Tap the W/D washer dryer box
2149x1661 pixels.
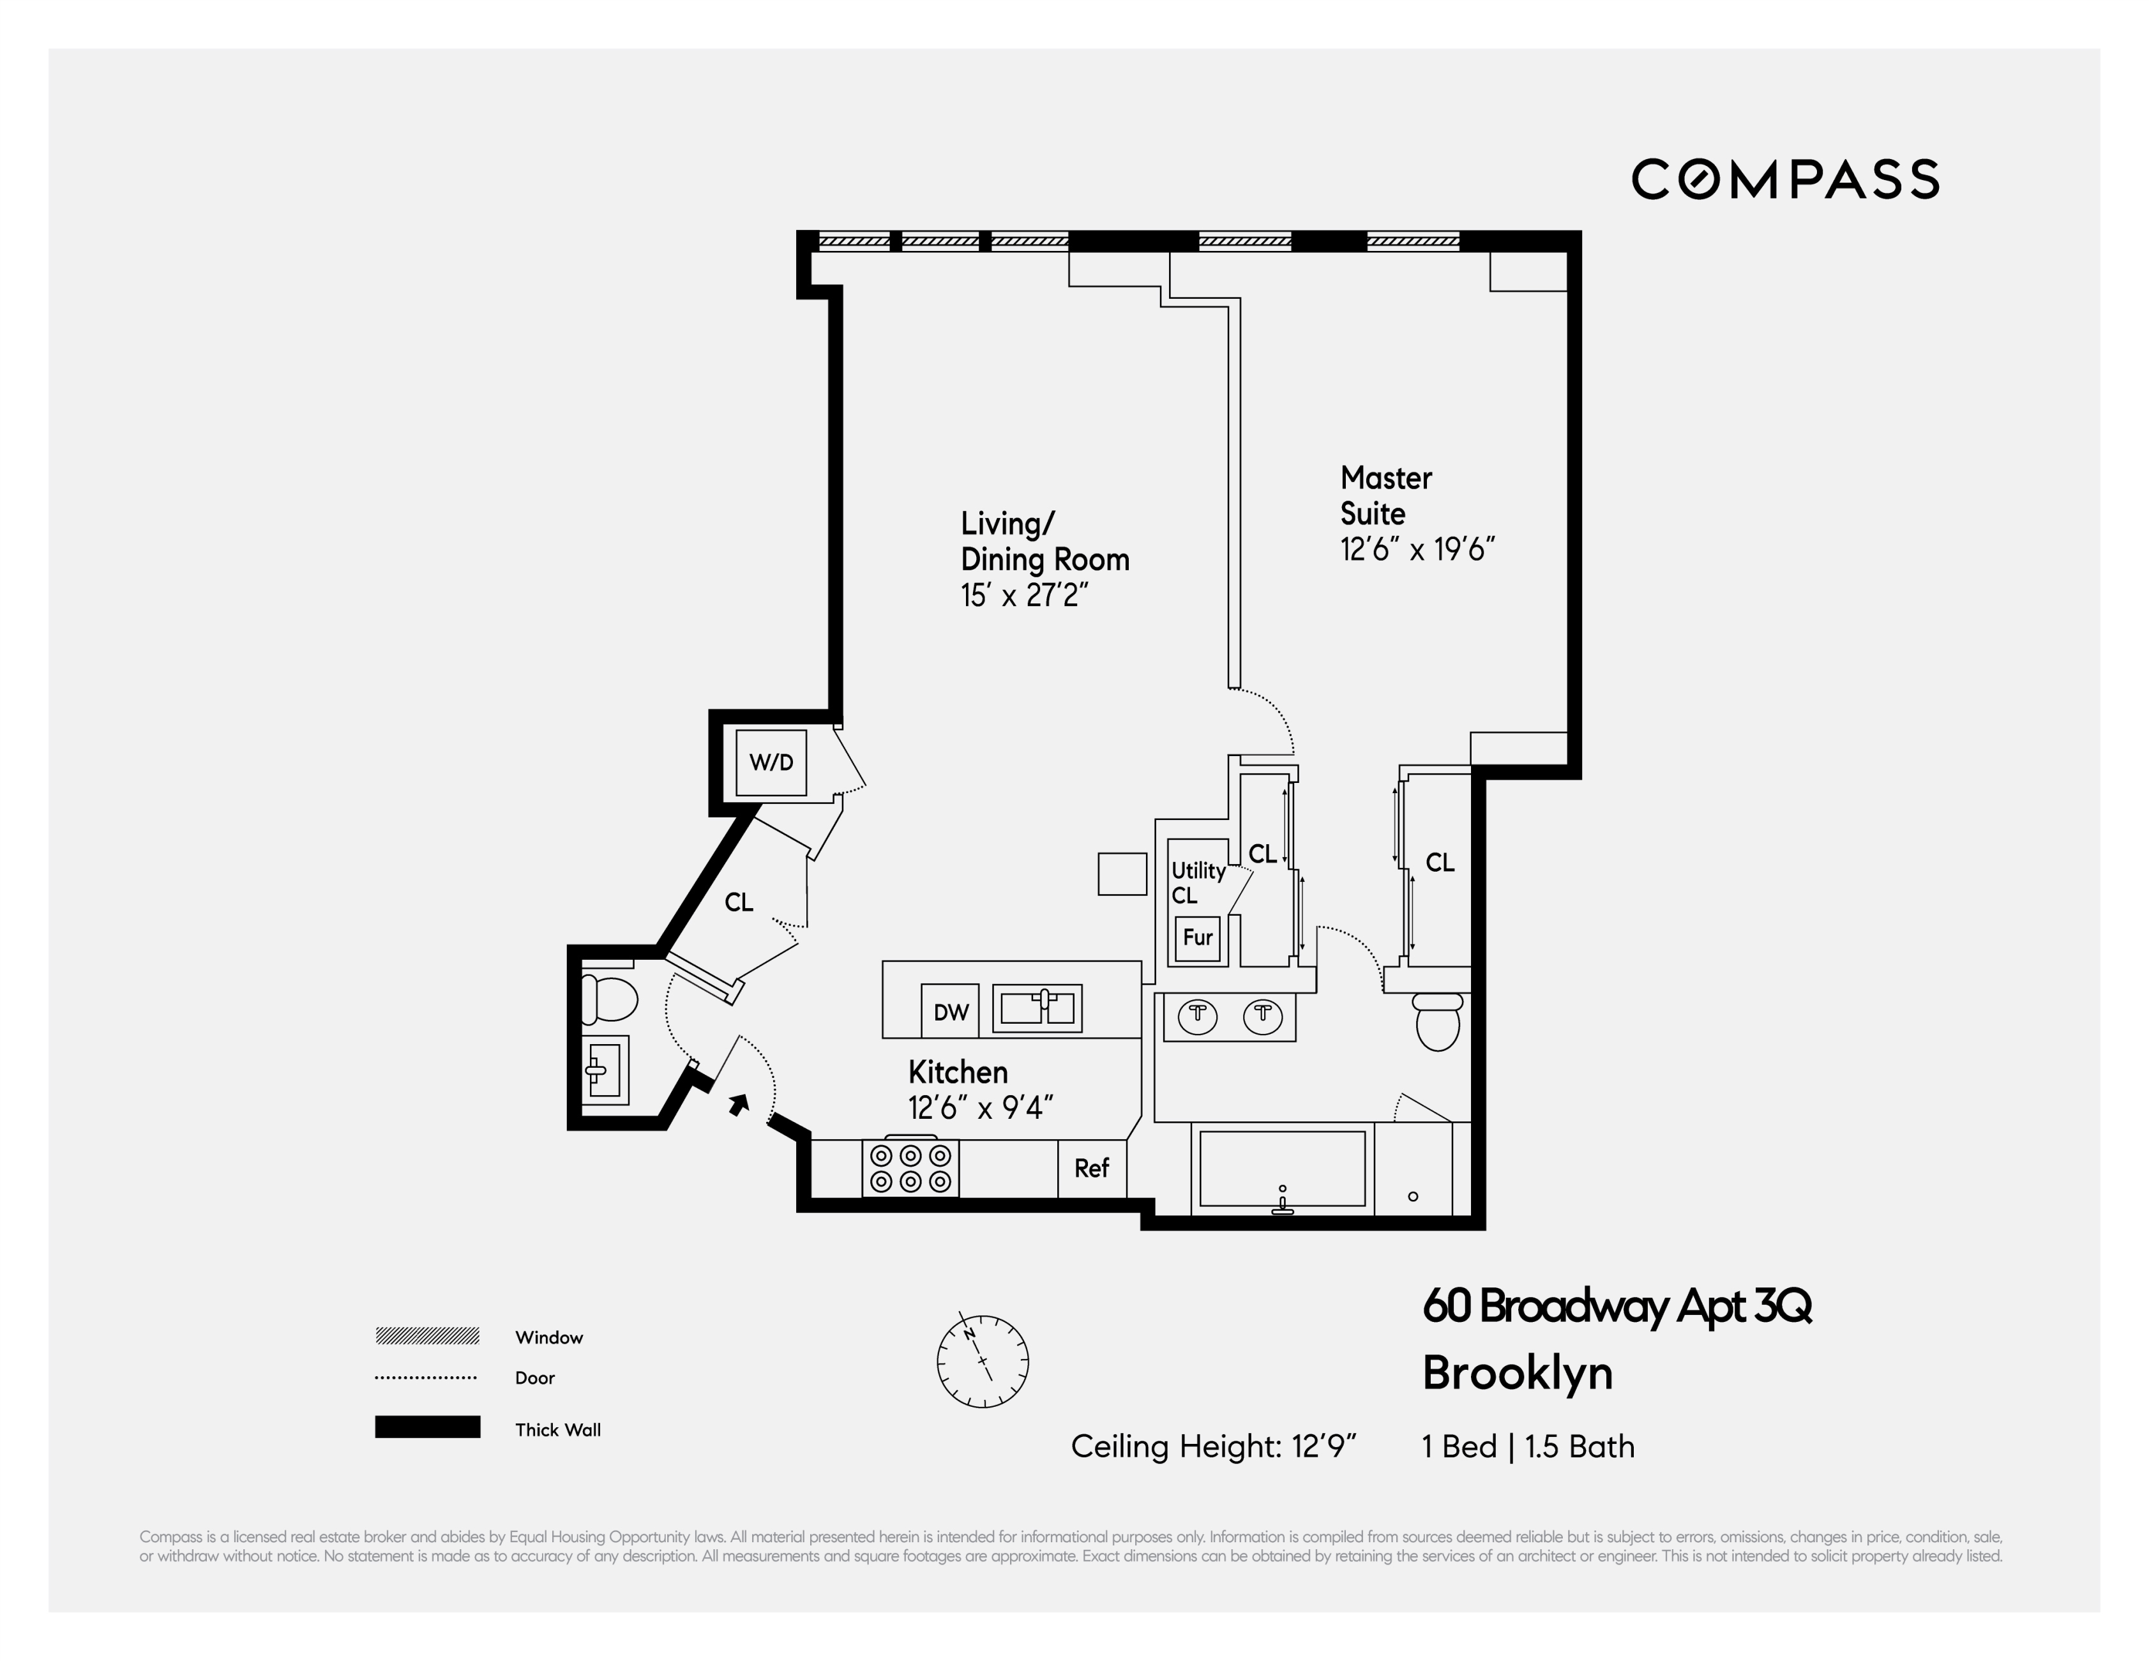pyautogui.click(x=771, y=762)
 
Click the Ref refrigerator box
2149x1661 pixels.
pyautogui.click(x=1091, y=1168)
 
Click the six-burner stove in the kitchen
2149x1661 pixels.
pyautogui.click(x=910, y=1168)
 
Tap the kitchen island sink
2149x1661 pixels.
pyautogui.click(x=1036, y=1008)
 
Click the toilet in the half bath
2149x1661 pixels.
pyautogui.click(x=608, y=999)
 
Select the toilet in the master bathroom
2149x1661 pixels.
pyautogui.click(x=1438, y=1021)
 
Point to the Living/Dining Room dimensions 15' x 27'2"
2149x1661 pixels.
pyautogui.click(x=1024, y=595)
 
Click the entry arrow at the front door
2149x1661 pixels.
pyautogui.click(x=738, y=1104)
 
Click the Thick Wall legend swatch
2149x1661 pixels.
pyautogui.click(x=427, y=1427)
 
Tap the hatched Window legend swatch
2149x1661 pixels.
pyautogui.click(x=427, y=1335)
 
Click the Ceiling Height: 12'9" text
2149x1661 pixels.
pyautogui.click(x=1213, y=1446)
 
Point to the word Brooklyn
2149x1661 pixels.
pyautogui.click(x=1518, y=1373)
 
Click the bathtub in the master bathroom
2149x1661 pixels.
pyautogui.click(x=1282, y=1168)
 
